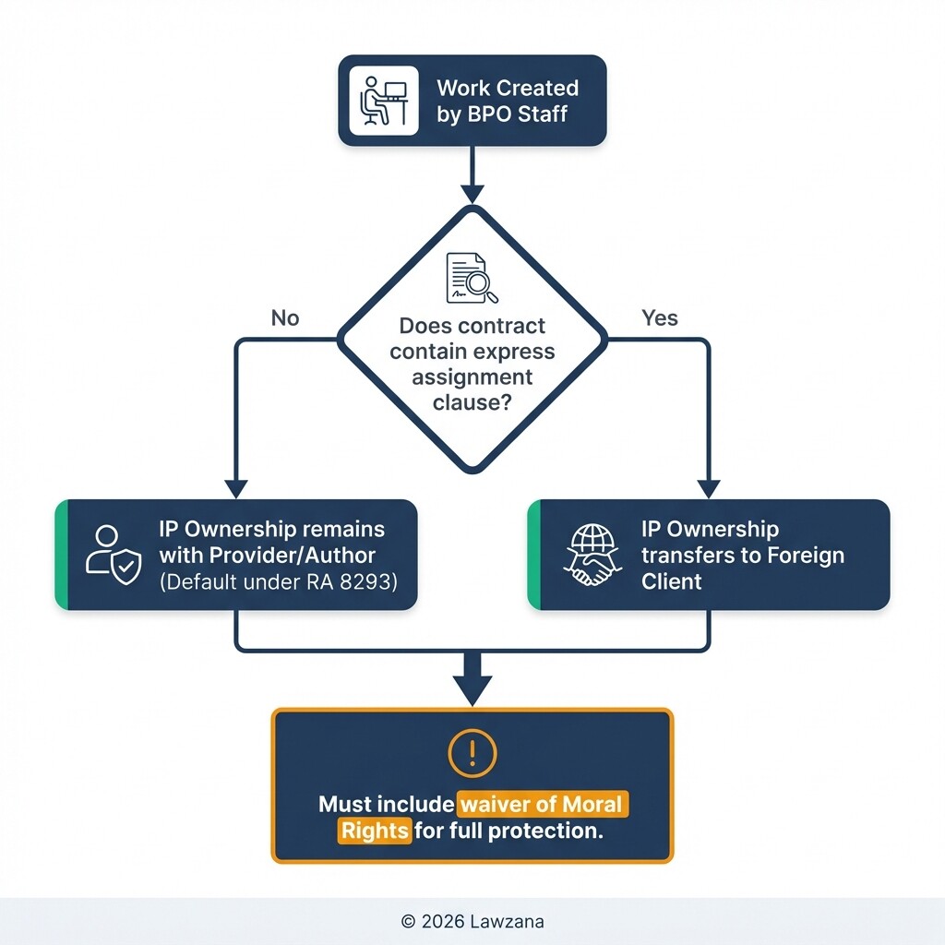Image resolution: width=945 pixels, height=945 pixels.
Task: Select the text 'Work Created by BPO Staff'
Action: (x=507, y=101)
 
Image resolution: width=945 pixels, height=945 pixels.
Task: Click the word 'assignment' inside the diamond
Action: (x=472, y=377)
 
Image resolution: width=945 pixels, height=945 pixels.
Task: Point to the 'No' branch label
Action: (x=285, y=318)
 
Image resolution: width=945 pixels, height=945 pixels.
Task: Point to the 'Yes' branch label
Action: (x=659, y=318)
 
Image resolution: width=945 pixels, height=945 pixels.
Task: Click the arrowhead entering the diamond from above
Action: (x=472, y=194)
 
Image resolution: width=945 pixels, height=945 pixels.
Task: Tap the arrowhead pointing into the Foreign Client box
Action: (x=709, y=489)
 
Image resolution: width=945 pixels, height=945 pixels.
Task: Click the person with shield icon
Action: (x=113, y=555)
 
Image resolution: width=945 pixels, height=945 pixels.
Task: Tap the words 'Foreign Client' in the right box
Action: (x=743, y=556)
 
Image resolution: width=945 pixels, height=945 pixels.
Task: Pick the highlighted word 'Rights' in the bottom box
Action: (x=375, y=831)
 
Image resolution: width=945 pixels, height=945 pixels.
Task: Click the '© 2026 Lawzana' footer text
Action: (x=472, y=921)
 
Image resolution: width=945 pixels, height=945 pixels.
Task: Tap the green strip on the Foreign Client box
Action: (x=532, y=555)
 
